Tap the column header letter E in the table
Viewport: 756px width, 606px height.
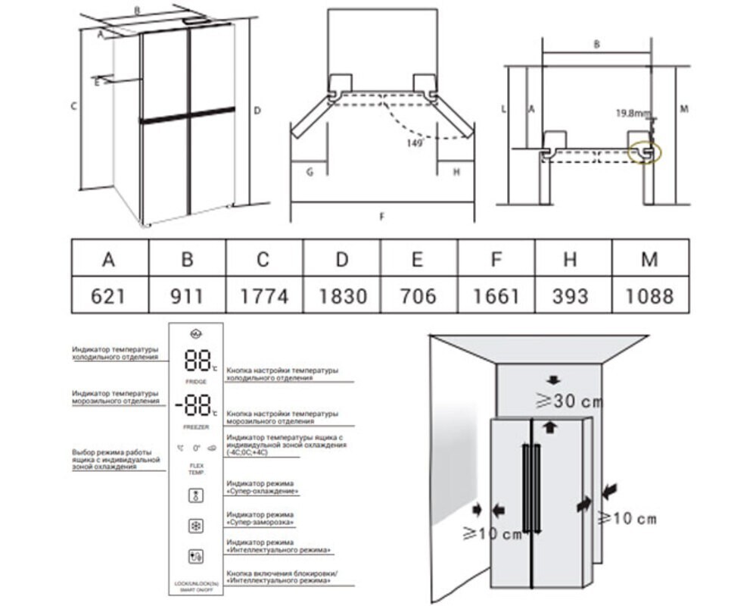click(x=418, y=259)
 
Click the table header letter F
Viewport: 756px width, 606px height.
click(x=496, y=259)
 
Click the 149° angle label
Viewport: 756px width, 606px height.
click(x=414, y=142)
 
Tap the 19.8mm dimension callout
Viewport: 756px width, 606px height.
click(x=633, y=114)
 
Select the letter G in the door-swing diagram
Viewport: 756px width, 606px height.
click(x=309, y=172)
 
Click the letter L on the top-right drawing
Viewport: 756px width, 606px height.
click(x=503, y=109)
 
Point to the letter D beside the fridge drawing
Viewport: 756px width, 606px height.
click(x=257, y=111)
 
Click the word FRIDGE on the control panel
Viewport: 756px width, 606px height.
click(x=195, y=382)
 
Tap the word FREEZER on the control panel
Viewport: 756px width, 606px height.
click(x=195, y=427)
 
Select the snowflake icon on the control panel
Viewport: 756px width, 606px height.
click(x=195, y=526)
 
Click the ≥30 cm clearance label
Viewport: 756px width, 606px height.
click(x=557, y=401)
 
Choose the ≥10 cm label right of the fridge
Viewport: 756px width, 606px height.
click(x=627, y=519)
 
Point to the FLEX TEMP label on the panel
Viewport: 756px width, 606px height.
click(x=195, y=468)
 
